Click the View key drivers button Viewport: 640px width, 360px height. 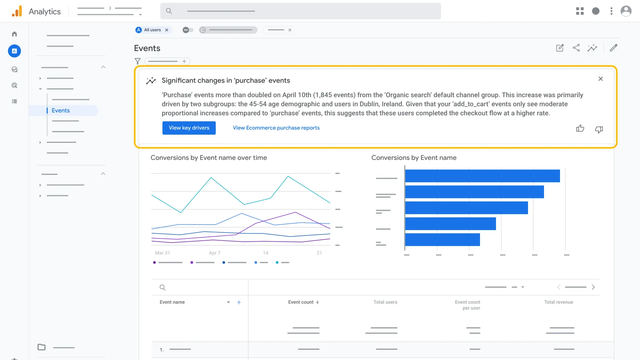point(189,128)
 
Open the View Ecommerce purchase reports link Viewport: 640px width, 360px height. point(276,128)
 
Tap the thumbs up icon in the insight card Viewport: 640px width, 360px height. point(580,129)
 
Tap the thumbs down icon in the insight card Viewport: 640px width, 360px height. point(599,129)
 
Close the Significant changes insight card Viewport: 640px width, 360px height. point(600,79)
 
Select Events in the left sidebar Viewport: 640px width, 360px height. point(61,110)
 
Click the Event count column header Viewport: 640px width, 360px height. point(301,302)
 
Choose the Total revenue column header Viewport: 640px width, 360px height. point(558,302)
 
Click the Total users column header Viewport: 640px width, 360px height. point(385,302)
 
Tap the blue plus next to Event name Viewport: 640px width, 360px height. point(239,302)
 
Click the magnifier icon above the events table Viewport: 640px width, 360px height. point(163,287)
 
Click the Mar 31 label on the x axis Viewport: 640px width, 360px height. point(163,253)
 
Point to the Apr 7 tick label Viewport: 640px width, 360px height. point(214,253)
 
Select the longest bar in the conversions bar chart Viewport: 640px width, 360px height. point(482,176)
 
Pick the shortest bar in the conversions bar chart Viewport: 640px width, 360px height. point(442,240)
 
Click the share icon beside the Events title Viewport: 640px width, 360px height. point(576,48)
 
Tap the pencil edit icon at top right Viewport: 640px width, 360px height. point(613,48)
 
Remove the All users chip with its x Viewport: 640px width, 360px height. point(167,30)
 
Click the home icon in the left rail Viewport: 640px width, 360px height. point(14,34)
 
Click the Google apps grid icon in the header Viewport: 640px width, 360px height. point(580,11)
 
